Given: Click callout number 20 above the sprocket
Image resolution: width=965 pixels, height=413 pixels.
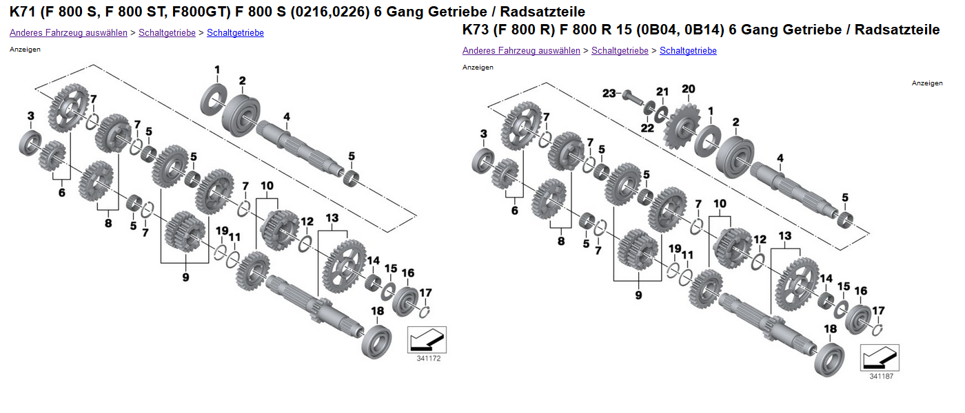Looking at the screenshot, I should click(689, 89).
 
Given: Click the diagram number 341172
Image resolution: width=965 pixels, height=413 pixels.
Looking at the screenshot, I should click(428, 359).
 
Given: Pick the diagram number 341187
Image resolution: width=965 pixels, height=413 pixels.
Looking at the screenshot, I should click(881, 376).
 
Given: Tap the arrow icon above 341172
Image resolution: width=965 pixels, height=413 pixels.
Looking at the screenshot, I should click(427, 339).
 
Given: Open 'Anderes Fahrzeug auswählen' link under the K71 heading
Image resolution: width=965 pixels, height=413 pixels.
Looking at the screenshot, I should click(68, 32).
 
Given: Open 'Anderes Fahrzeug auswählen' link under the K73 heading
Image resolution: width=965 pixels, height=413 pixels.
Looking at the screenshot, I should click(521, 50).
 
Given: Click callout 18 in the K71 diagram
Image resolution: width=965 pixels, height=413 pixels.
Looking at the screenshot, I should click(377, 311).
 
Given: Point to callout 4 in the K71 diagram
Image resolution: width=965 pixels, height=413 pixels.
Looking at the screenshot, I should click(286, 116).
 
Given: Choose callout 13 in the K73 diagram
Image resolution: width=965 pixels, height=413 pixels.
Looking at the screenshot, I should click(785, 236).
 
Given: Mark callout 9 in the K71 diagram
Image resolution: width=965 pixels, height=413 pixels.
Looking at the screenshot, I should click(185, 277).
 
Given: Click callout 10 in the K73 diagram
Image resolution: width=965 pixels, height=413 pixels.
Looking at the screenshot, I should click(720, 204).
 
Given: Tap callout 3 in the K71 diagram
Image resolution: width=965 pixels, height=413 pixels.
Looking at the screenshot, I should click(30, 115).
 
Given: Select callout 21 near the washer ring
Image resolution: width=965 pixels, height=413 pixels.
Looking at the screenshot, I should click(662, 92).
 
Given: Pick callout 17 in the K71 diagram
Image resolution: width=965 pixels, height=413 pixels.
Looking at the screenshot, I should click(425, 292).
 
